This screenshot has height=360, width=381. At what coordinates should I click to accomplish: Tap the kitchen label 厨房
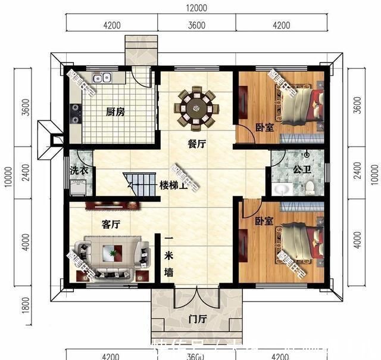coord(115,112)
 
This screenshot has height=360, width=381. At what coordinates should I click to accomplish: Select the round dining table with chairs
coord(196,108)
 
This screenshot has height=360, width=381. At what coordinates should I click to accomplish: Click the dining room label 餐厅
coord(196,143)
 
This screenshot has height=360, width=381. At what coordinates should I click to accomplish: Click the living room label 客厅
coord(111,225)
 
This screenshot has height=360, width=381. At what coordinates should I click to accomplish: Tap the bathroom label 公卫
coord(301,169)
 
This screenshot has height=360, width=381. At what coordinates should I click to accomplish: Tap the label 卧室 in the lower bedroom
coord(264,221)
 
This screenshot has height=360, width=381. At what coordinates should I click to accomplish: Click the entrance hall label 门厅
coord(197,319)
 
